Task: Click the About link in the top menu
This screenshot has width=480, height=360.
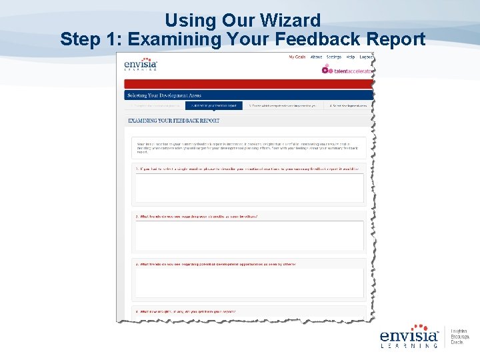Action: [x=316, y=57]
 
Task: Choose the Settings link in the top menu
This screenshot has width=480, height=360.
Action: [x=333, y=57]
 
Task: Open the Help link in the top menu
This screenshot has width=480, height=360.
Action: [x=351, y=57]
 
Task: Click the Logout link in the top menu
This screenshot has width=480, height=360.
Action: [x=366, y=57]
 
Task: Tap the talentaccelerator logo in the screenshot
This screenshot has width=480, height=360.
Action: [x=347, y=70]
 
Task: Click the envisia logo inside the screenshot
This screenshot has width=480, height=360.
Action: [x=141, y=64]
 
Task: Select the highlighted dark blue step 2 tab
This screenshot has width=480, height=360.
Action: [x=213, y=105]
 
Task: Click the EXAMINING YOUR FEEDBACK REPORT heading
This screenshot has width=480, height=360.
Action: [x=173, y=121]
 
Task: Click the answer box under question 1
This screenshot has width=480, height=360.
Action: [x=249, y=188]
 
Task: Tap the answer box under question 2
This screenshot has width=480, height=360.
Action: [x=249, y=235]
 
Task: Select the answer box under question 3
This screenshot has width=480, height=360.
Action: [x=249, y=283]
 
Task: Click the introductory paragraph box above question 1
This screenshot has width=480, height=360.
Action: [x=249, y=148]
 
